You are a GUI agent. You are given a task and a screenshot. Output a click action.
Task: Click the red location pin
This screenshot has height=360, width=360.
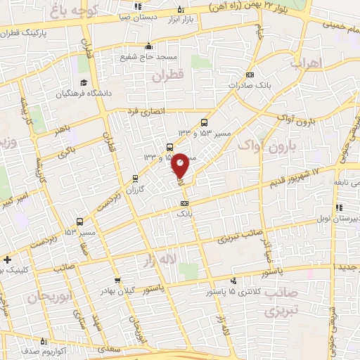pyautogui.click(x=180, y=165)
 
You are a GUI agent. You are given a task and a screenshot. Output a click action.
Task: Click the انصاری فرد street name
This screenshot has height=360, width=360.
pyautogui.click(x=145, y=111)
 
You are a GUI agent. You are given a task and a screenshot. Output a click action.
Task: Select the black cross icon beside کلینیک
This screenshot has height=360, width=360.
pyautogui.click(x=6, y=259)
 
